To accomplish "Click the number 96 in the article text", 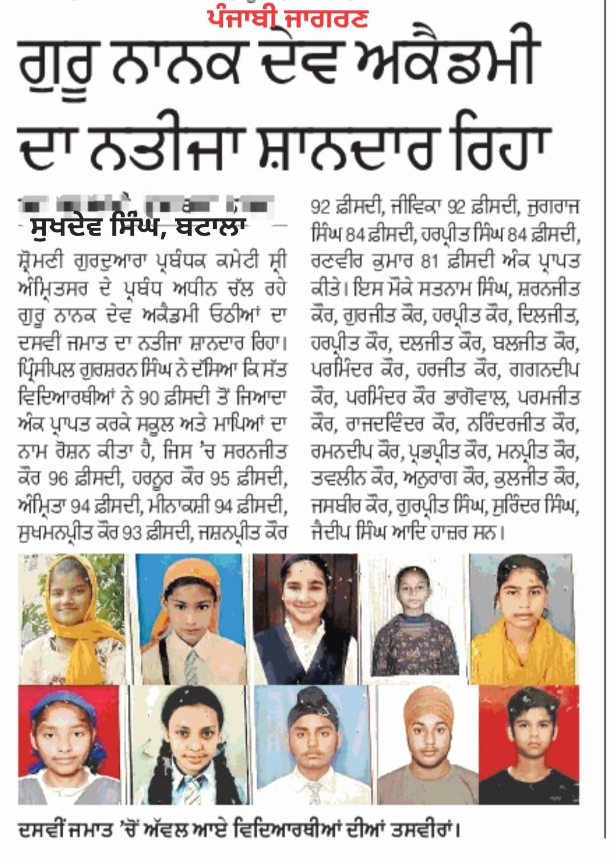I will (x=59, y=478).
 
